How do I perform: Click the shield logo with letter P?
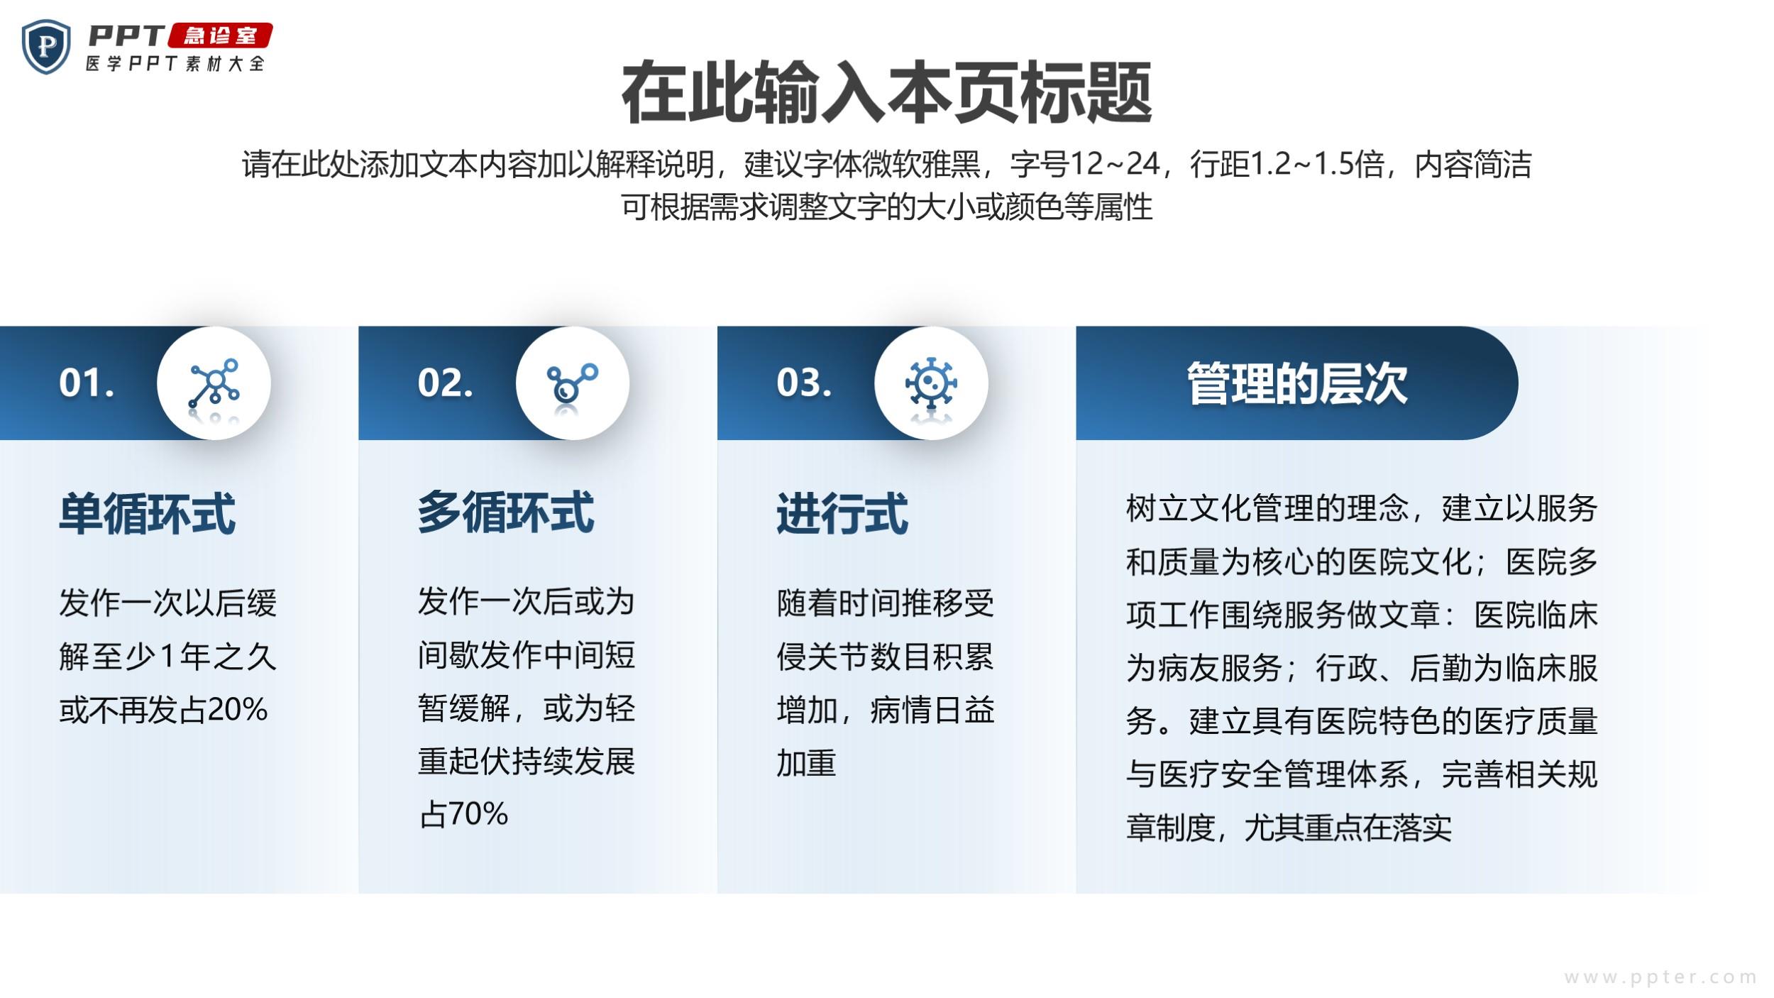(46, 46)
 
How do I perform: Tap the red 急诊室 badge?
(220, 35)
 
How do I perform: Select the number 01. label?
(87, 383)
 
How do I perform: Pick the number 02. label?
(445, 383)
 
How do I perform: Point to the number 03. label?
(804, 383)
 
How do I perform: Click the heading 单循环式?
(148, 513)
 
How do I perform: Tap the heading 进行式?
(842, 513)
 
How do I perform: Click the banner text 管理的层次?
(1297, 384)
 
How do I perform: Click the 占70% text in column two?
(463, 814)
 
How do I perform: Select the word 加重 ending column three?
(807, 763)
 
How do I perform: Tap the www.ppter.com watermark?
(1661, 977)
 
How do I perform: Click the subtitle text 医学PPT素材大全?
(175, 64)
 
